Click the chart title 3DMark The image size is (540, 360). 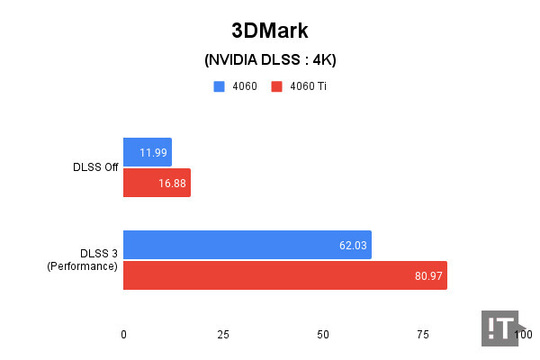pyautogui.click(x=270, y=31)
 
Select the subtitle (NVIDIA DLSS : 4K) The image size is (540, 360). pyautogui.click(x=270, y=60)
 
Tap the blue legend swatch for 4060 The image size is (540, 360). pyautogui.click(x=219, y=86)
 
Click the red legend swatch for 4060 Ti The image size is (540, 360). pyautogui.click(x=277, y=86)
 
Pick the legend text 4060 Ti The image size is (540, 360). pyautogui.click(x=308, y=86)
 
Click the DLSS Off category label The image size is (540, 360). pyautogui.click(x=96, y=167)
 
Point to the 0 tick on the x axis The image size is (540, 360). pyautogui.click(x=123, y=334)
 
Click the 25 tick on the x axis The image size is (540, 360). pyautogui.click(x=223, y=334)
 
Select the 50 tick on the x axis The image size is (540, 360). pyautogui.click(x=323, y=334)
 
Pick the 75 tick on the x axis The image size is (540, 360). pyautogui.click(x=423, y=334)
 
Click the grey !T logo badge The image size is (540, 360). pyautogui.click(x=498, y=327)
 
